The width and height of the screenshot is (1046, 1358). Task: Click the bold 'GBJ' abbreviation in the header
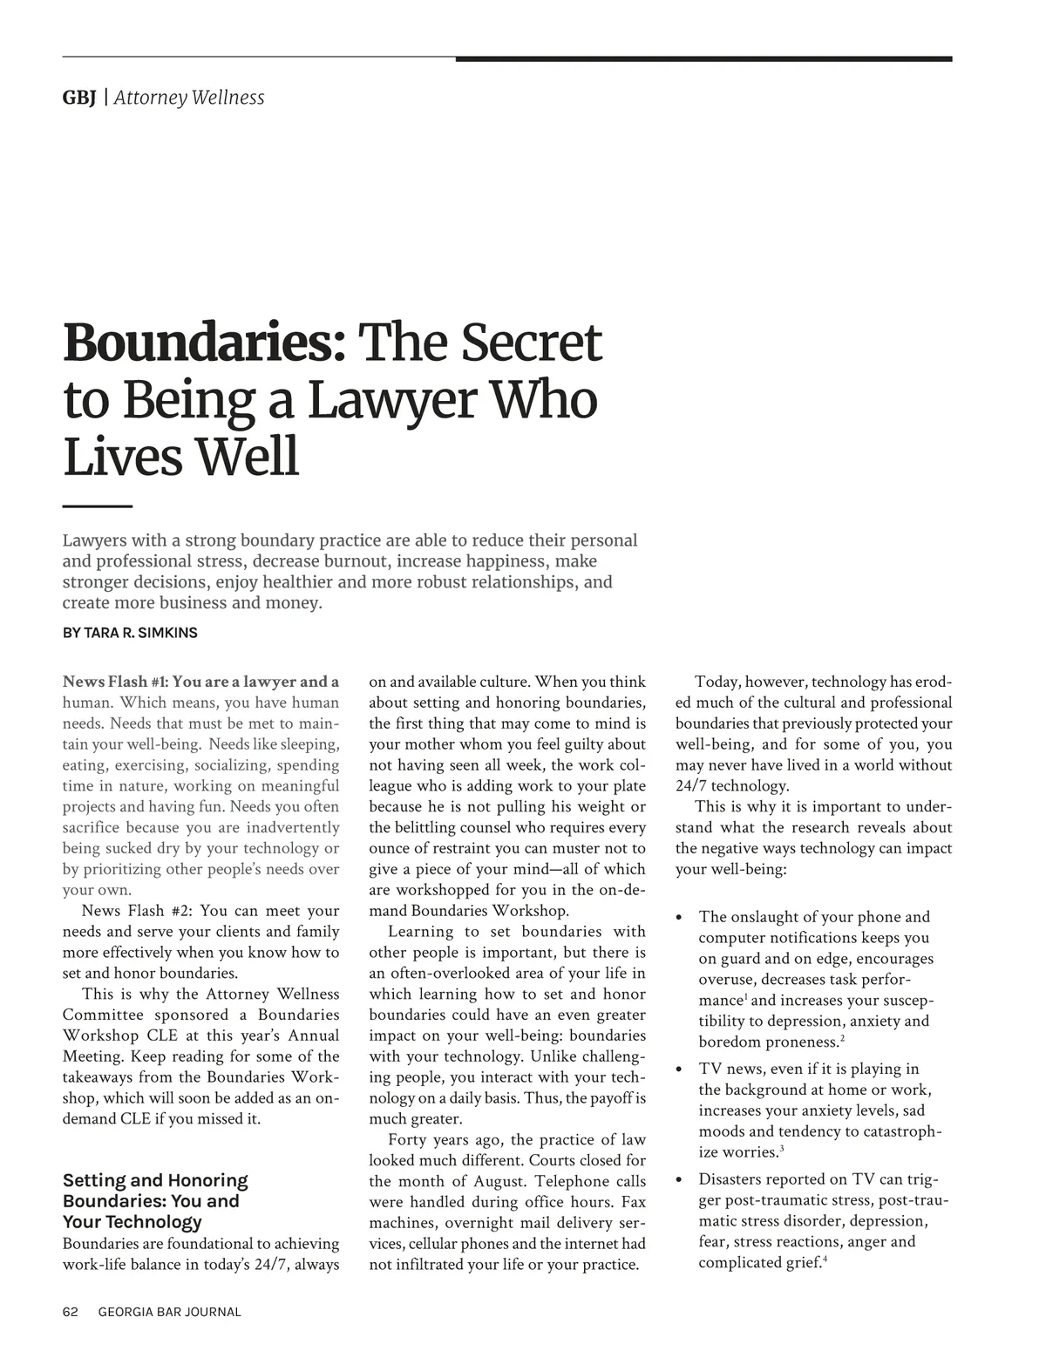[78, 98]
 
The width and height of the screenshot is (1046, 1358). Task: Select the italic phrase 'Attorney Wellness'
[189, 98]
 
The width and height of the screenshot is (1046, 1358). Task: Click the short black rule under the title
[97, 506]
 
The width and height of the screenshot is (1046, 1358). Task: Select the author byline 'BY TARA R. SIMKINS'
[130, 633]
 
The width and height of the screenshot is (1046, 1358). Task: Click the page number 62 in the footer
[71, 1312]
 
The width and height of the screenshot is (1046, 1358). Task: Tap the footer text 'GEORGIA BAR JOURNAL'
[169, 1312]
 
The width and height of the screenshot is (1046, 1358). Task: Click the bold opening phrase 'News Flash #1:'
[115, 682]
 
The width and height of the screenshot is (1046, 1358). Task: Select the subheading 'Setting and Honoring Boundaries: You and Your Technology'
[155, 1201]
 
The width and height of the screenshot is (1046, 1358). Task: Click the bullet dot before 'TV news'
[680, 1070]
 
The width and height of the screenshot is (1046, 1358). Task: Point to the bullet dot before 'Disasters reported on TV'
[680, 1181]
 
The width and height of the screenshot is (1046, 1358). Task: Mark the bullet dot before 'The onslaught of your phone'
[680, 918]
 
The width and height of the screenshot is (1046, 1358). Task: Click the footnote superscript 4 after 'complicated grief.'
[825, 1259]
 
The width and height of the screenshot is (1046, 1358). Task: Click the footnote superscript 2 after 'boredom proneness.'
[841, 1038]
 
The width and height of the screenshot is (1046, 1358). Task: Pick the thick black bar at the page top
[703, 58]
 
